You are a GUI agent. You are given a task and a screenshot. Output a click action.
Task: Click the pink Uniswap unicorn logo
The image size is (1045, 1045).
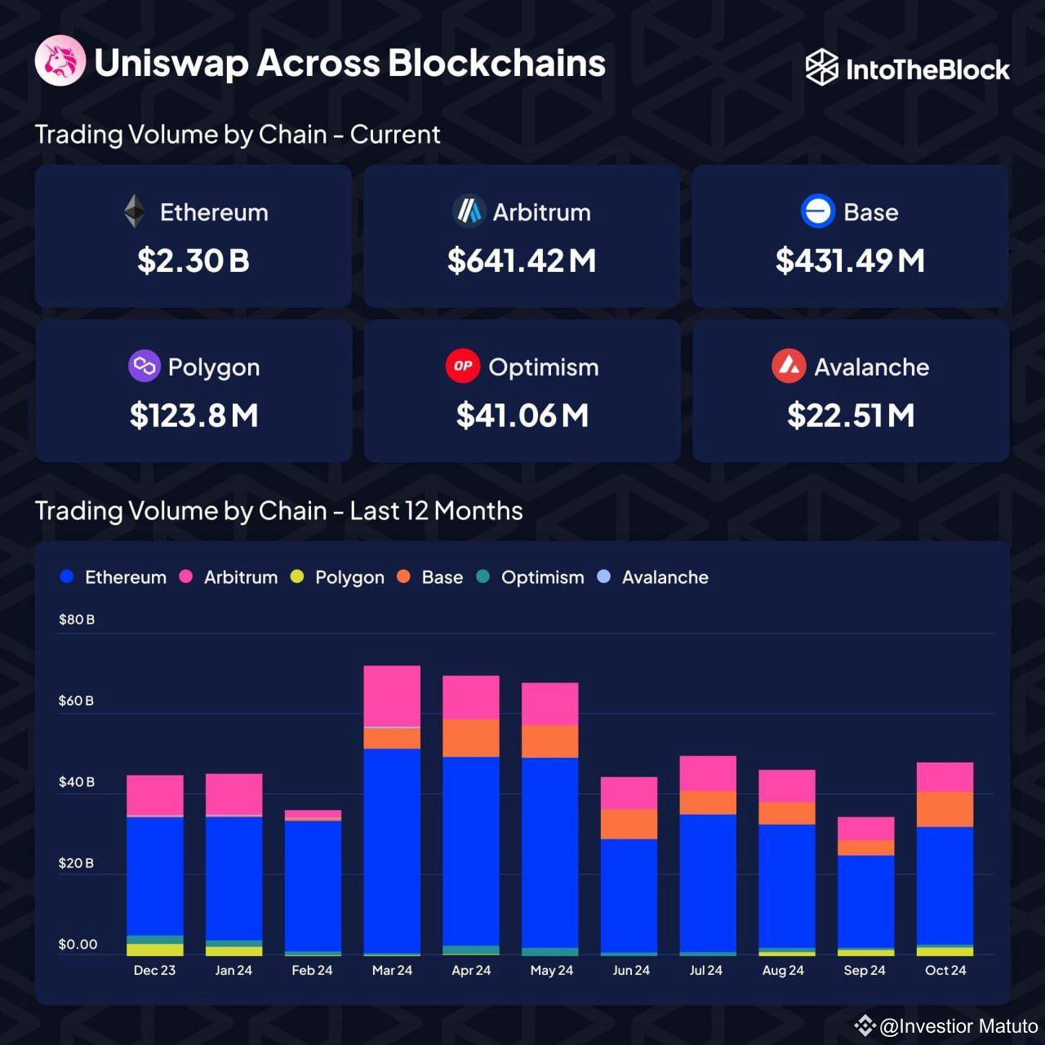(60, 61)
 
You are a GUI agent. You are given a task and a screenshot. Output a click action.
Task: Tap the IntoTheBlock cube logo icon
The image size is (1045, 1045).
(821, 68)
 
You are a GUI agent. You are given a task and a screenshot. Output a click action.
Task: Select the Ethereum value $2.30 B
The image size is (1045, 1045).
(193, 260)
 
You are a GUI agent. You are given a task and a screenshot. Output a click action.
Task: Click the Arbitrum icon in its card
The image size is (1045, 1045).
(469, 211)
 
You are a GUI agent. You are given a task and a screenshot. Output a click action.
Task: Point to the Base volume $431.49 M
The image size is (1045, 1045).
(850, 260)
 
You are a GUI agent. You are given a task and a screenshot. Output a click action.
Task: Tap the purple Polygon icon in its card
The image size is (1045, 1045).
(144, 366)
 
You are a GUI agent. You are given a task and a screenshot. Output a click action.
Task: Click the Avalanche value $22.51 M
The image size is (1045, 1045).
(850, 416)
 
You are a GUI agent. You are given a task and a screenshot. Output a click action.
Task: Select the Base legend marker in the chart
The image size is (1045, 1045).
(403, 577)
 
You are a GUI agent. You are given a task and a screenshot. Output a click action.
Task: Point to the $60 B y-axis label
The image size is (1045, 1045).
(76, 700)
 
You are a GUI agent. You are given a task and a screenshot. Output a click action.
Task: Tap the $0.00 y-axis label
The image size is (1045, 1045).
(78, 944)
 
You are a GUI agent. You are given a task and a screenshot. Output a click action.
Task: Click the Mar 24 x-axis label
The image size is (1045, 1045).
(392, 970)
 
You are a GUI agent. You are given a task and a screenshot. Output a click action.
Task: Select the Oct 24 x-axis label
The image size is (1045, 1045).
(945, 970)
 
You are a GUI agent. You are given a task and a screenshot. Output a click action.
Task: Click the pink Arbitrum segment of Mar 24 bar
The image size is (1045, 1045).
(392, 696)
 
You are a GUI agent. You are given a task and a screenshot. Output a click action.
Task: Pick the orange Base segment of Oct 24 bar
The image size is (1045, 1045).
(945, 809)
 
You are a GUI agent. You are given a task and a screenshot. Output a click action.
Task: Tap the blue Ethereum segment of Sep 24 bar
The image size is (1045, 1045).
(865, 900)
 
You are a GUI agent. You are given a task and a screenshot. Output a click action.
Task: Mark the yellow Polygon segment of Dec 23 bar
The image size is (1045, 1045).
(155, 949)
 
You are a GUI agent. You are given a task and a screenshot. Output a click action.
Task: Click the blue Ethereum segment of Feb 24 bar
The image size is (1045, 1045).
(313, 886)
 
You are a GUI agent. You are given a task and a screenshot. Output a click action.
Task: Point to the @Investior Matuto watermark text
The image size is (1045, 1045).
(958, 1025)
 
